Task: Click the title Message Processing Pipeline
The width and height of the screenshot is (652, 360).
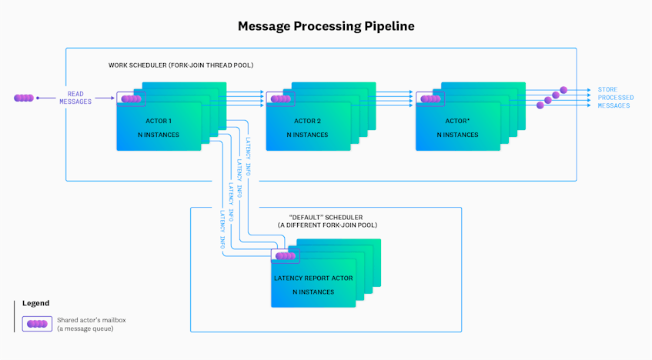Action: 326,26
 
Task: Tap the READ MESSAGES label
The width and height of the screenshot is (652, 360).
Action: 75,98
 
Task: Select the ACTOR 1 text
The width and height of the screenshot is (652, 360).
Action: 159,122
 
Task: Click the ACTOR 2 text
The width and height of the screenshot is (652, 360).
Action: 307,122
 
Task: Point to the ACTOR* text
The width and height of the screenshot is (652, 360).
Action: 456,122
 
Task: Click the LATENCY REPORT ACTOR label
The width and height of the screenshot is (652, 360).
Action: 313,278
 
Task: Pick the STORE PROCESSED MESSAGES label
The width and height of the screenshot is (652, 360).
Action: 616,98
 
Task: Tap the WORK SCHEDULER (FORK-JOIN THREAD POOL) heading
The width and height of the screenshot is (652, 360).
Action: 181,65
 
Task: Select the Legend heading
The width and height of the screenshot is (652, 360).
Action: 35,304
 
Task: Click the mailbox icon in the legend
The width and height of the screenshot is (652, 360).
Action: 37,324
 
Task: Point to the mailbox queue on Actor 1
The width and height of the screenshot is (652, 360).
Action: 132,99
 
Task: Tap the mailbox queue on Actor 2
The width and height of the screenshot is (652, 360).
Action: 281,99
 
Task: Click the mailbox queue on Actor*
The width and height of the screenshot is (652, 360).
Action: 430,99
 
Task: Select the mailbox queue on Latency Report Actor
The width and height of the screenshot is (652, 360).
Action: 286,256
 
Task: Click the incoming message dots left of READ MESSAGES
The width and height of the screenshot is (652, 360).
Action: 24,98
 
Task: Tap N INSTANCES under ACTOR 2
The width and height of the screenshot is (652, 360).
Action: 307,135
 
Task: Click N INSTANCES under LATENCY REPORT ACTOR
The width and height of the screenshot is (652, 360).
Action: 313,292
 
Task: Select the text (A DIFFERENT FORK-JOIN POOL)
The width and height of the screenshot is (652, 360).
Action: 327,225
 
